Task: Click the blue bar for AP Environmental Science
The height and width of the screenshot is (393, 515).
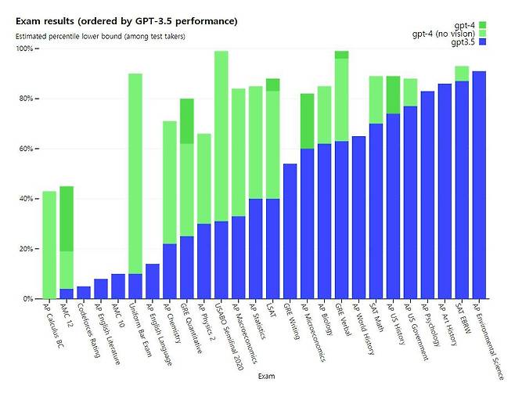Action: tap(479, 185)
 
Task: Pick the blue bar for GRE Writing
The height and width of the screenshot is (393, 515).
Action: tap(290, 231)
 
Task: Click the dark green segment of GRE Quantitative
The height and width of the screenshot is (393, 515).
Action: tap(186, 121)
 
